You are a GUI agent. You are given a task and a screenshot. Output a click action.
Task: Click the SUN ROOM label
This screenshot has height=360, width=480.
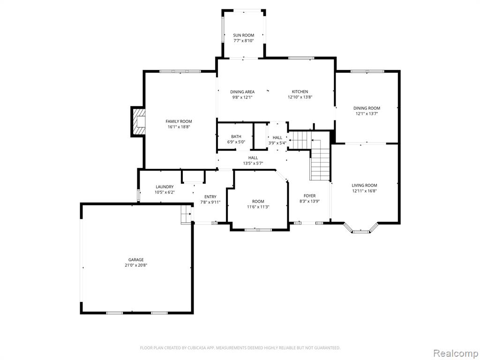(x=244, y=35)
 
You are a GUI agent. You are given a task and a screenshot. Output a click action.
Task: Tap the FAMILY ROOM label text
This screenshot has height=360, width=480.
(x=179, y=121)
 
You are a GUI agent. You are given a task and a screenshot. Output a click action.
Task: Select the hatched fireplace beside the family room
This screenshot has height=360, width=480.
(x=138, y=121)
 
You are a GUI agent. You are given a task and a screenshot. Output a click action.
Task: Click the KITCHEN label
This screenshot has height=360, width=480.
(x=300, y=91)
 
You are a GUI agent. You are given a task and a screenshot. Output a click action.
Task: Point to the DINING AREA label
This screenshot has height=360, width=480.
(x=242, y=92)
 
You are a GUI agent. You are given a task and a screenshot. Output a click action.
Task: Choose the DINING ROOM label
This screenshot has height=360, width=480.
(x=367, y=108)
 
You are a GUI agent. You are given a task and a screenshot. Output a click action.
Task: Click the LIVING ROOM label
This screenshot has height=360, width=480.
(x=364, y=185)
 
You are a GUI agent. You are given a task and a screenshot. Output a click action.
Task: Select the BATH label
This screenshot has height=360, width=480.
(x=236, y=136)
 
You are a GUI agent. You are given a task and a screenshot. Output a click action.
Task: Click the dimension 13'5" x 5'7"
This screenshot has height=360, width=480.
(x=253, y=164)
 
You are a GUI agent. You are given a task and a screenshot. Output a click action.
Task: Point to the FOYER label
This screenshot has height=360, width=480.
(x=309, y=196)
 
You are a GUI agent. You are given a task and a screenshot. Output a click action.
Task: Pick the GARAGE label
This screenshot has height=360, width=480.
(x=136, y=260)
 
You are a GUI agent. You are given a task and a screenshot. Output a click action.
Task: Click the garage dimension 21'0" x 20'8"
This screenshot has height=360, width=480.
(x=136, y=265)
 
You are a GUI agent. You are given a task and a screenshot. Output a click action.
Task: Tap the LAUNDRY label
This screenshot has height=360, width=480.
(x=165, y=187)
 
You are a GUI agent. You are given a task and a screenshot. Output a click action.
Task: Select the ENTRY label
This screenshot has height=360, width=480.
(x=210, y=197)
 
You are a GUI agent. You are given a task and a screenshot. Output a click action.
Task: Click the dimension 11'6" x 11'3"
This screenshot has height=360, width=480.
(x=258, y=207)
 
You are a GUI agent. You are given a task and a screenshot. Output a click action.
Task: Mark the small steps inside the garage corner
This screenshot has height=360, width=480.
(x=186, y=214)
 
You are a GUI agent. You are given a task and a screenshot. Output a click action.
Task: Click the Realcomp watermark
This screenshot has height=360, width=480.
(x=456, y=353)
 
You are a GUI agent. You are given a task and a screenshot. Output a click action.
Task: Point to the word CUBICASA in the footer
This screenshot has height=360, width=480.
(x=196, y=348)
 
